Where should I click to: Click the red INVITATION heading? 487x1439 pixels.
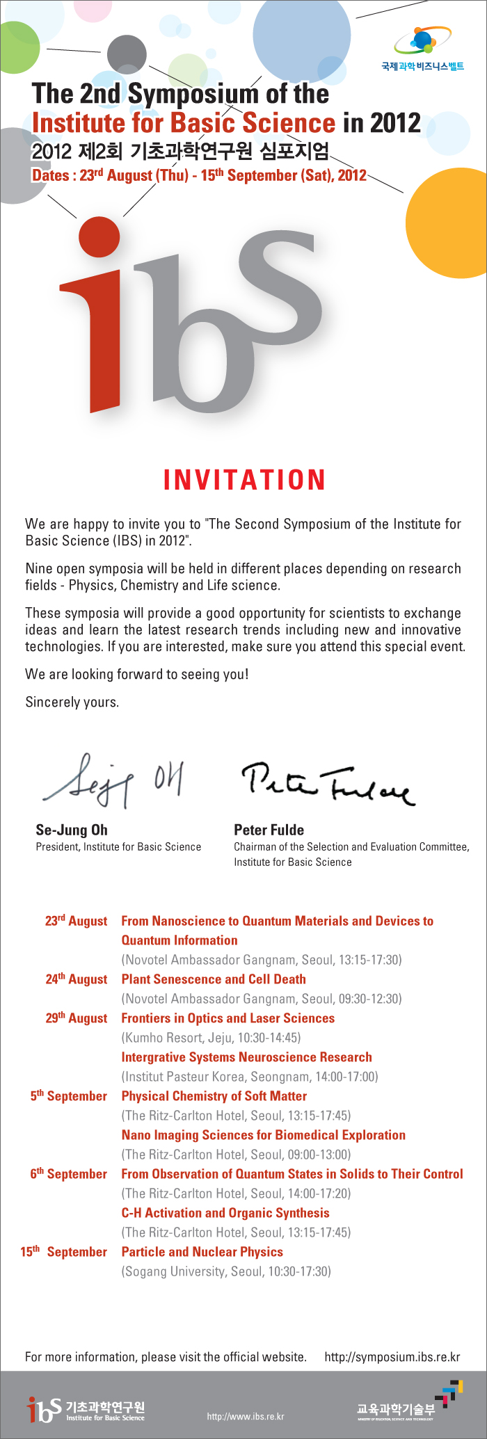click(244, 480)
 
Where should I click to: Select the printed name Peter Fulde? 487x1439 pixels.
click(269, 830)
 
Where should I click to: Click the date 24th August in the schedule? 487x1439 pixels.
click(77, 979)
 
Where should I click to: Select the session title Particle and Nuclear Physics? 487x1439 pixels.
click(202, 1252)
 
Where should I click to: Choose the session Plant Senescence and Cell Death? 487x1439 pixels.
click(214, 979)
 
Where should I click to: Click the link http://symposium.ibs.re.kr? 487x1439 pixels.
click(392, 1357)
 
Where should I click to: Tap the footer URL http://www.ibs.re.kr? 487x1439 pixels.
click(246, 1417)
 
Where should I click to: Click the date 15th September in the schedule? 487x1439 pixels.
click(64, 1252)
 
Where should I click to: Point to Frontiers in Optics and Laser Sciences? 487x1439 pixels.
click(227, 1018)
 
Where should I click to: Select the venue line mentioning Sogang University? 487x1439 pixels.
click(226, 1271)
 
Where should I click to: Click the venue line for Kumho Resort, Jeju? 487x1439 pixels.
click(211, 1038)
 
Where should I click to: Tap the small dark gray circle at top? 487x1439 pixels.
click(127, 54)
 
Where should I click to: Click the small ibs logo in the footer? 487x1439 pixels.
click(43, 1409)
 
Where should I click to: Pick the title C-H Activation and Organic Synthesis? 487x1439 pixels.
click(225, 1213)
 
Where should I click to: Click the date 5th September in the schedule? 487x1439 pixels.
click(69, 1096)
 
